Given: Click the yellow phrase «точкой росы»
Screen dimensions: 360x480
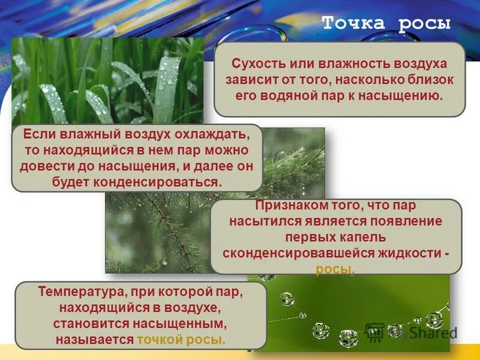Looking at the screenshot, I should pyautogui.click(x=181, y=340).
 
